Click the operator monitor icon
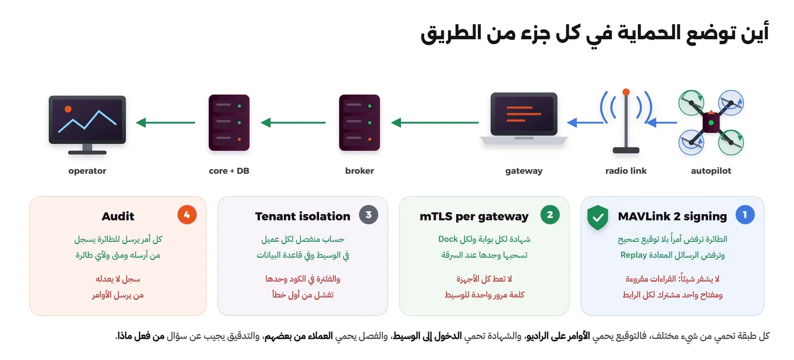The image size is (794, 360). click(87, 124)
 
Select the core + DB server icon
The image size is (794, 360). click(229, 123)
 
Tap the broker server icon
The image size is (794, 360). click(359, 123)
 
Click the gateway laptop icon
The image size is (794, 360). click(524, 119)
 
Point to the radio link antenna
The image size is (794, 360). click(626, 121)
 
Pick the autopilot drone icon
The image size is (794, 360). click(711, 123)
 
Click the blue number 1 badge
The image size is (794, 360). click(745, 215)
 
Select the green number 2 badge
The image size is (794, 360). click(550, 215)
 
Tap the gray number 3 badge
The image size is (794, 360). click(369, 215)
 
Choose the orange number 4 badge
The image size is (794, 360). click(187, 215)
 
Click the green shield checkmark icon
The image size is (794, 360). click(597, 217)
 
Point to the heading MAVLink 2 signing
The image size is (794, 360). click(672, 216)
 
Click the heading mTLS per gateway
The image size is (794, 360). click(474, 216)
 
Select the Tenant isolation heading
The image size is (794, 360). click(303, 216)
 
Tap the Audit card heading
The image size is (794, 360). click(118, 216)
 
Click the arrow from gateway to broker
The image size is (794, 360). click(435, 123)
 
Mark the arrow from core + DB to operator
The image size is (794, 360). click(166, 123)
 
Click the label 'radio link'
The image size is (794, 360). click(626, 171)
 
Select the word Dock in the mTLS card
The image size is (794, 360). click(448, 239)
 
